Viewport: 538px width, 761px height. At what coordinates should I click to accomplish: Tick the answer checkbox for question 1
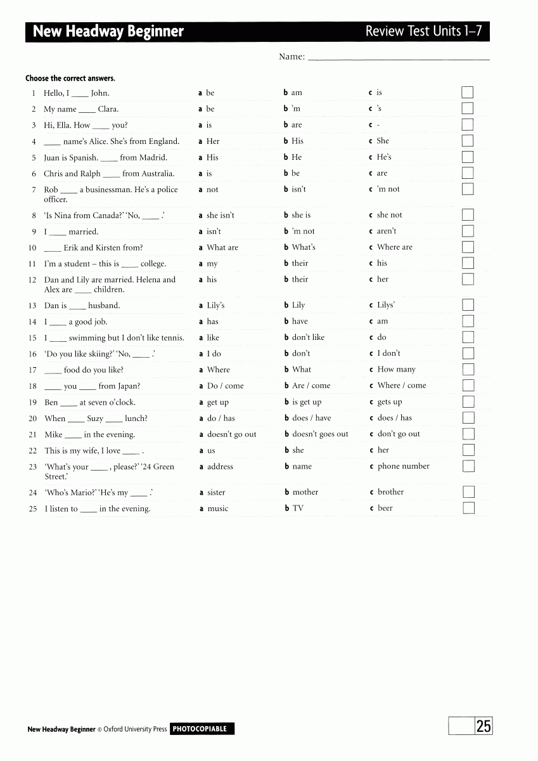click(x=468, y=93)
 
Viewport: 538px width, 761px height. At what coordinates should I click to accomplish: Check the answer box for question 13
click(x=468, y=305)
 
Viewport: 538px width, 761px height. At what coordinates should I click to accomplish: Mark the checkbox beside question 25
click(x=468, y=508)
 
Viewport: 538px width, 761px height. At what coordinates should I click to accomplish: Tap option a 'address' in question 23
click(x=220, y=467)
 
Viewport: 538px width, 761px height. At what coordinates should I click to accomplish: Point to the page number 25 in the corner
click(x=484, y=726)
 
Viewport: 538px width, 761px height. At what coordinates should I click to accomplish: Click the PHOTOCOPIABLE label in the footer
click(x=202, y=729)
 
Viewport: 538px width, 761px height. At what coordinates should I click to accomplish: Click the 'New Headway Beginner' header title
click(x=108, y=32)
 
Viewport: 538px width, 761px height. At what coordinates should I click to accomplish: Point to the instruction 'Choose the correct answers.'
click(x=70, y=79)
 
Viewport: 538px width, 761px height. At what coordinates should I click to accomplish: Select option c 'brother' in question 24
click(x=390, y=492)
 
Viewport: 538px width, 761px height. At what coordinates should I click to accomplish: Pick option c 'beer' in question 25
click(x=385, y=508)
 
